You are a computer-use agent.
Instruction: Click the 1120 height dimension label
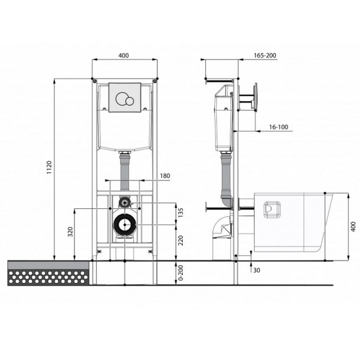[x=50, y=167]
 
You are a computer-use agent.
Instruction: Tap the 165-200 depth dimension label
[x=265, y=55]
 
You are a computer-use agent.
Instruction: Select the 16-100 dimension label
[x=279, y=127]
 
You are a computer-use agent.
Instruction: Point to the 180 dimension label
[x=165, y=176]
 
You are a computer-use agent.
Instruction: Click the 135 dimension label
[x=181, y=213]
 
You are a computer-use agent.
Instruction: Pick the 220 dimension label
[x=181, y=240]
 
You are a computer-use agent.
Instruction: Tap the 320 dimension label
[x=70, y=232]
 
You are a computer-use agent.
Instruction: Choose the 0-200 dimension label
[x=181, y=272]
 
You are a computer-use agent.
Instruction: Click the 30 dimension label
[x=256, y=270]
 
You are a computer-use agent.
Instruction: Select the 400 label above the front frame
[x=124, y=55]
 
